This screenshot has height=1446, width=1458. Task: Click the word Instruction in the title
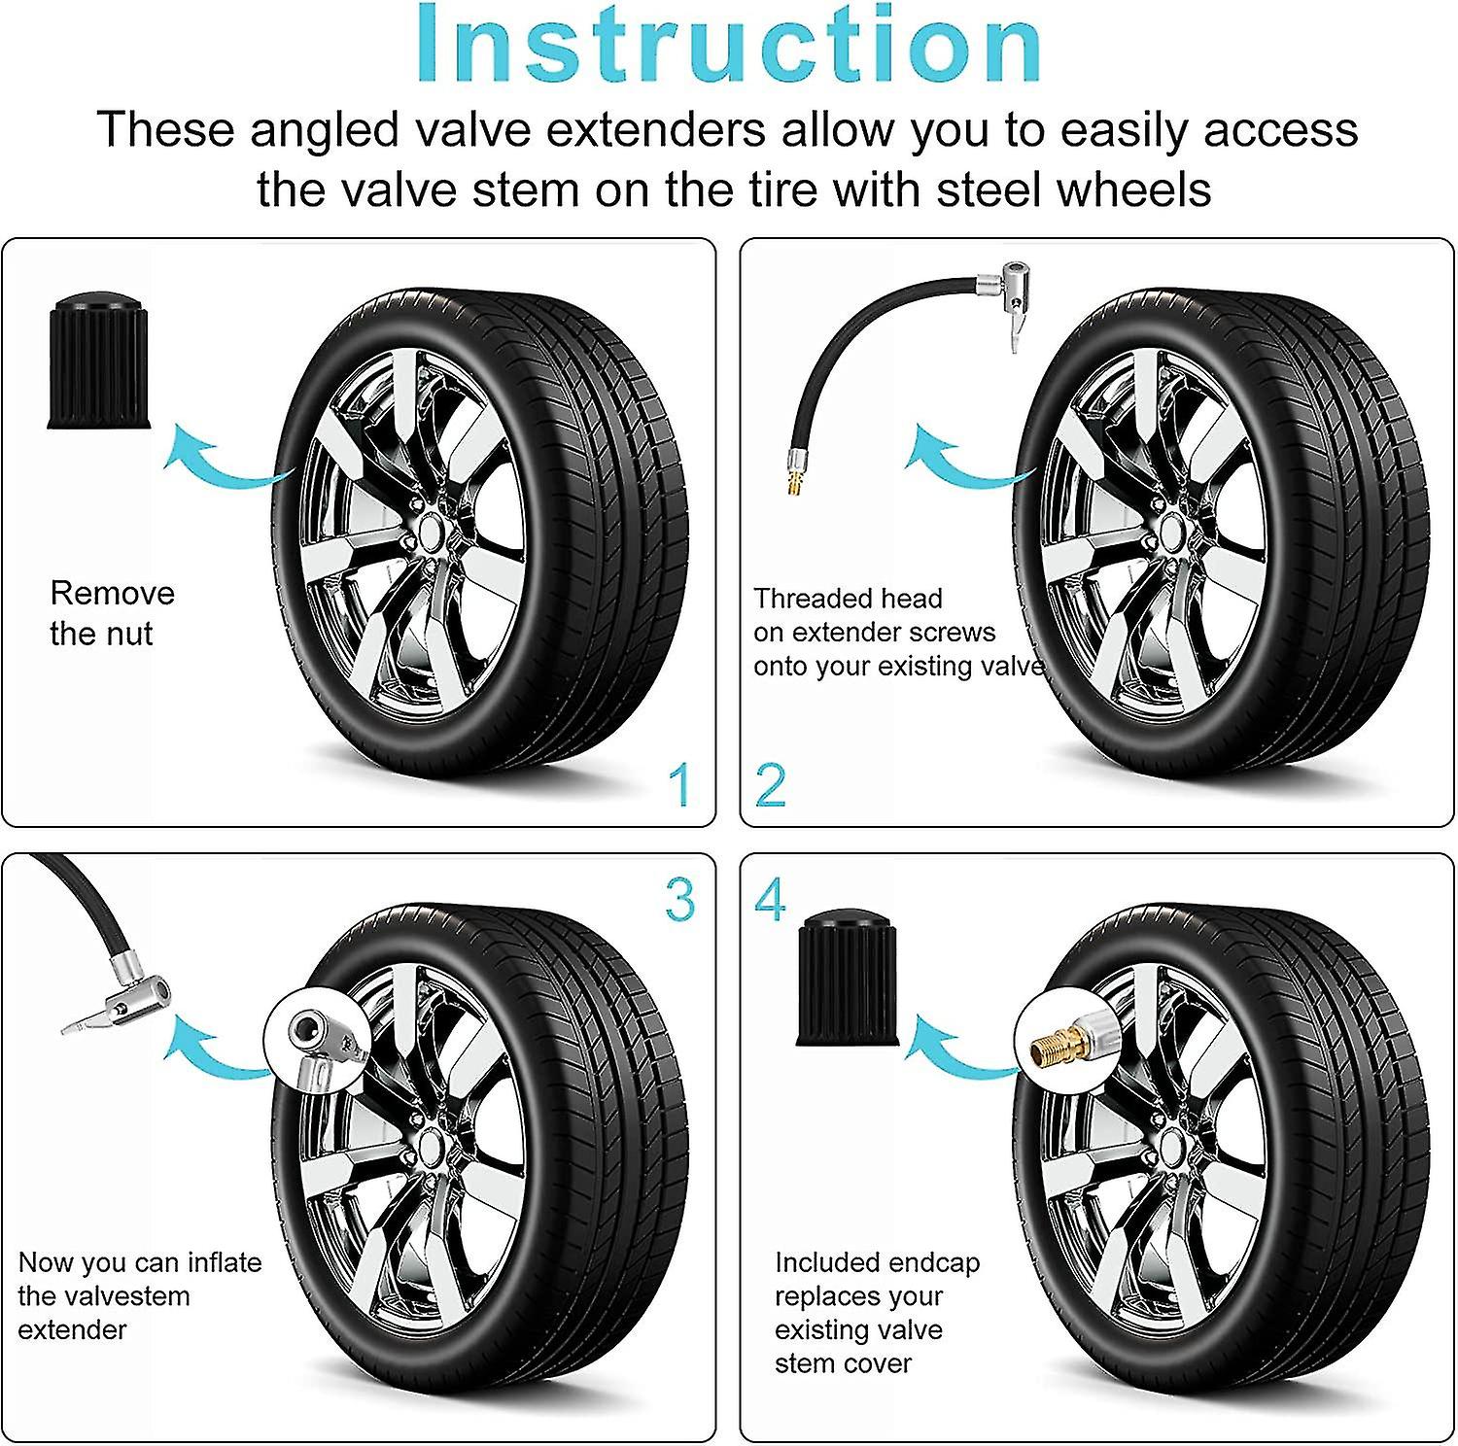[x=729, y=46]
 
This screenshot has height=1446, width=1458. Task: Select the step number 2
[x=770, y=785]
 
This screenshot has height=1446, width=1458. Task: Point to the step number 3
[x=680, y=900]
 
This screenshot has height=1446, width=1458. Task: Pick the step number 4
[x=770, y=901]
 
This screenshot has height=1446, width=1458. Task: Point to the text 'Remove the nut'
[x=112, y=613]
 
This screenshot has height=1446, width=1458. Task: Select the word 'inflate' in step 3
[x=225, y=1262]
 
